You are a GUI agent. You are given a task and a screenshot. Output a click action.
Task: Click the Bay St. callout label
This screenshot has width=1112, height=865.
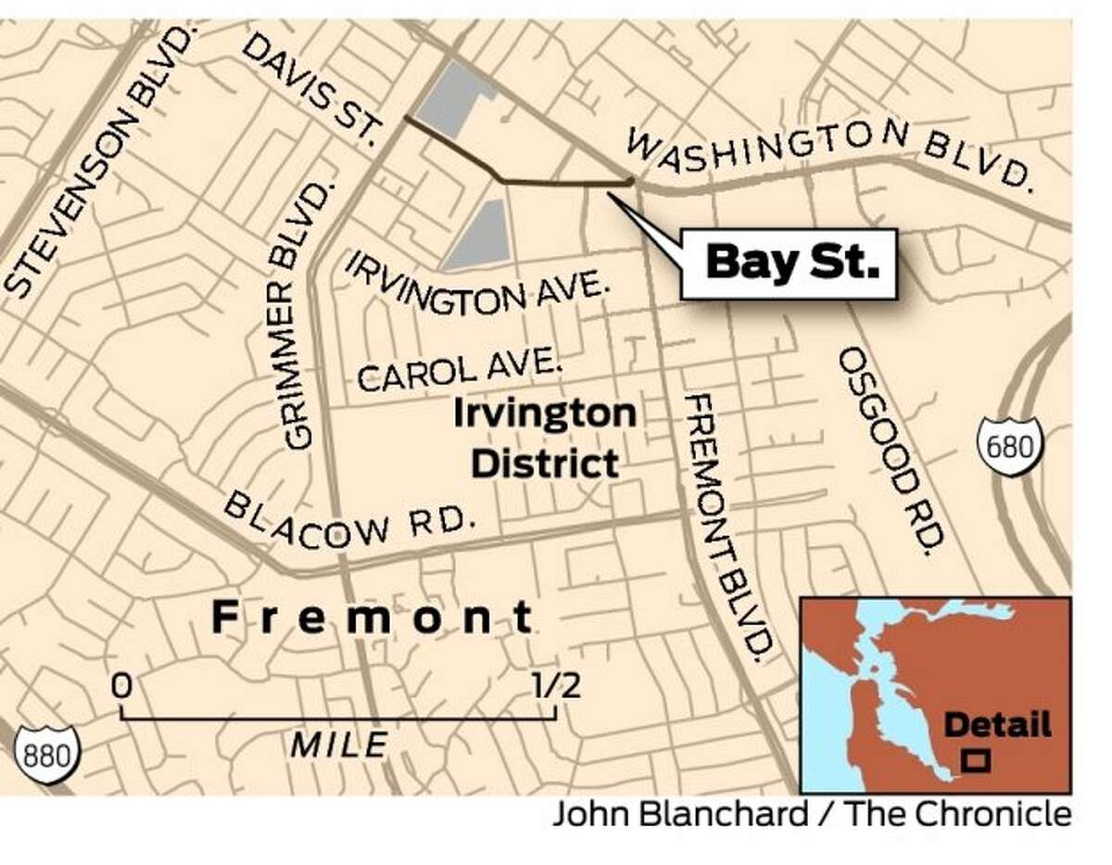(x=790, y=264)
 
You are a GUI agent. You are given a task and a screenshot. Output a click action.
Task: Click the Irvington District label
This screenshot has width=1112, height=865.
(x=544, y=438)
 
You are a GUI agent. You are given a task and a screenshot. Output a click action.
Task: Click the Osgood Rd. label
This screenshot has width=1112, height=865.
(x=893, y=449)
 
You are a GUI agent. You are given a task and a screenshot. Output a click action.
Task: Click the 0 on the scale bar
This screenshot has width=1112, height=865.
(x=120, y=687)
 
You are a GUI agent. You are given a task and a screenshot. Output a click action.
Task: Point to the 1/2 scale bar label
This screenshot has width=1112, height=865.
(x=555, y=687)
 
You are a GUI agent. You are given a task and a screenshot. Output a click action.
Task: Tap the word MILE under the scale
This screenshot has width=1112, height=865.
(x=338, y=744)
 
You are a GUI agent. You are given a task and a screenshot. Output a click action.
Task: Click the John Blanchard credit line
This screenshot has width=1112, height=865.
(x=812, y=816)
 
